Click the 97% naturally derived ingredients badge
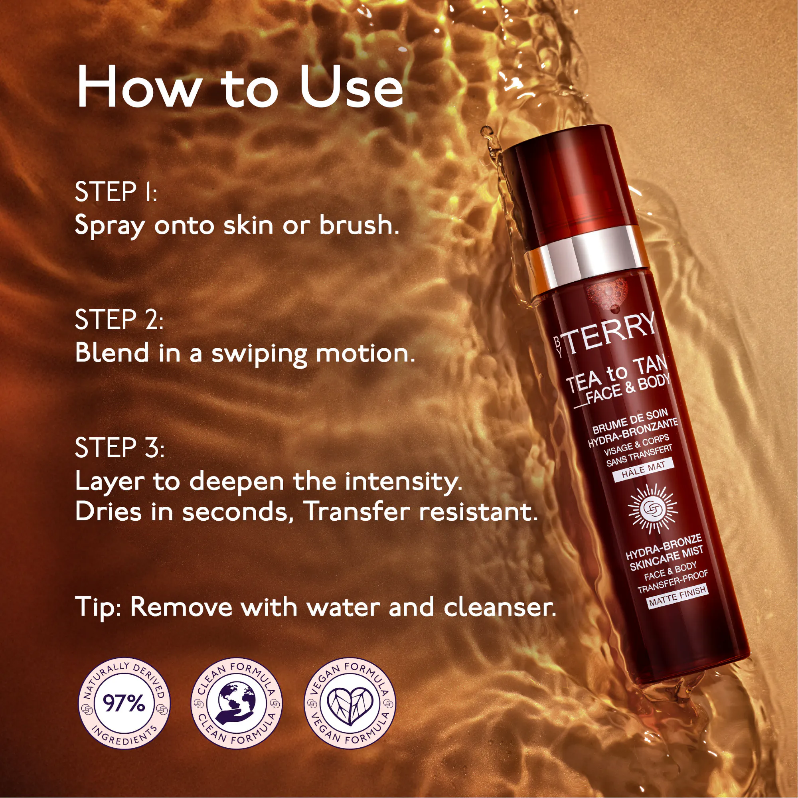(x=124, y=703)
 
